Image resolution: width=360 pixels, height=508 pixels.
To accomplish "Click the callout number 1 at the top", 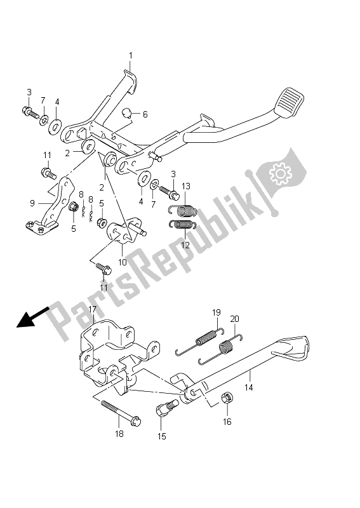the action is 131,56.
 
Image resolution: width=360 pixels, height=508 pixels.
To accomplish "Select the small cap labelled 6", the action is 127,113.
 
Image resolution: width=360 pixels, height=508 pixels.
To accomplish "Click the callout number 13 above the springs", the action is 185,186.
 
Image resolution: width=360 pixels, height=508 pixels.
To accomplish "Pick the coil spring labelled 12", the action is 183,224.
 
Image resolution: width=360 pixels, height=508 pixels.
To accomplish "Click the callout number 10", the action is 123,262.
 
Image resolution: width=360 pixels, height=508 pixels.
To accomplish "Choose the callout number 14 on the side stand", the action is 248,387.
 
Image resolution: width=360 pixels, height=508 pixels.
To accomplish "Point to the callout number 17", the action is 93,309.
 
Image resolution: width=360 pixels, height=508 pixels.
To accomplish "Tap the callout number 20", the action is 234,319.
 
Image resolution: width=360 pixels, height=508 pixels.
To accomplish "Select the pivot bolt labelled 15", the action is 166,408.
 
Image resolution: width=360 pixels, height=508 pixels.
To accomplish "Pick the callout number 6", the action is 145,114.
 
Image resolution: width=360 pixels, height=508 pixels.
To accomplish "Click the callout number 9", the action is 32,203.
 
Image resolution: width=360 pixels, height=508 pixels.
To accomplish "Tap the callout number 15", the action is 162,436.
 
